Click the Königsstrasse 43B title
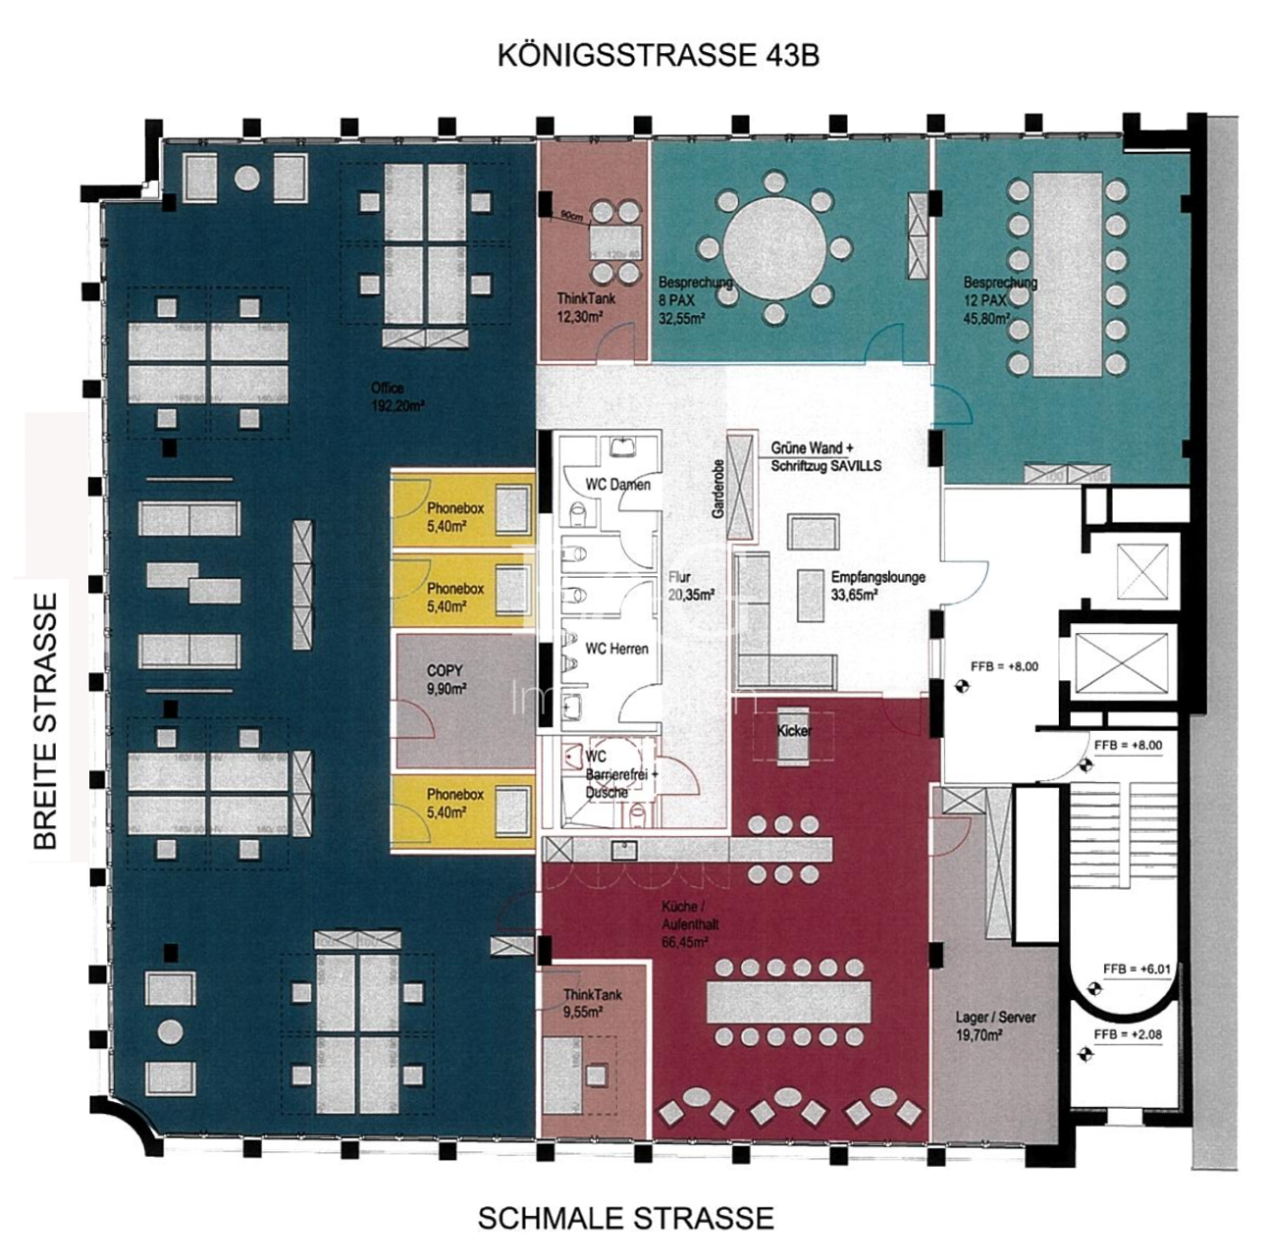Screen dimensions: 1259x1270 click(658, 55)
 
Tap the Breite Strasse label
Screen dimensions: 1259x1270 click(45, 720)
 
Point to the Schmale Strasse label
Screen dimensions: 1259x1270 click(625, 1218)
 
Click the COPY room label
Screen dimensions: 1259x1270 click(446, 679)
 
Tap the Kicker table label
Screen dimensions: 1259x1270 click(794, 731)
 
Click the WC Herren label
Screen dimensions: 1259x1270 click(616, 648)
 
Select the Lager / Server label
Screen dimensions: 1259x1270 click(994, 1025)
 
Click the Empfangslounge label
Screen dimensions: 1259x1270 click(877, 585)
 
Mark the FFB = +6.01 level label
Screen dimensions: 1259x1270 click(1137, 970)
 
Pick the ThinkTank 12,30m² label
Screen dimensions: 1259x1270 click(587, 305)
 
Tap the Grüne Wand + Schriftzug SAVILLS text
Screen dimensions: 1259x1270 click(825, 457)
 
